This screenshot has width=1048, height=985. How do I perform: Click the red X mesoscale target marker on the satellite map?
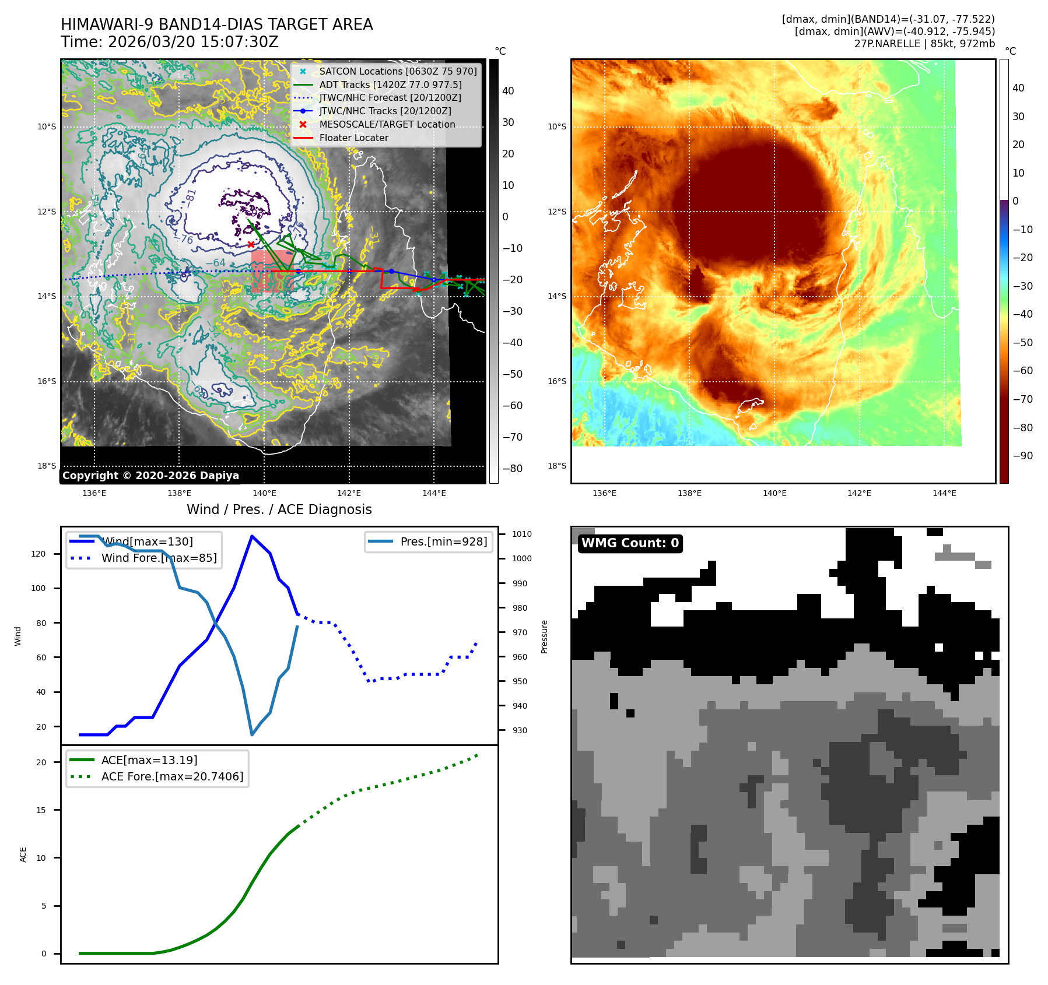(x=251, y=244)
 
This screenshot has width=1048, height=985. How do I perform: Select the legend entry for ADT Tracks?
(x=390, y=85)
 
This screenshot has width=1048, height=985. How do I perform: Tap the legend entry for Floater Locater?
(x=353, y=138)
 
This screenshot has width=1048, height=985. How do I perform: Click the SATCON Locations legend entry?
(x=398, y=71)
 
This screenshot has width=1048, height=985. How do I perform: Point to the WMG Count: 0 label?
(x=630, y=543)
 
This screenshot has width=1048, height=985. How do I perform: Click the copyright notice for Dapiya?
(x=150, y=476)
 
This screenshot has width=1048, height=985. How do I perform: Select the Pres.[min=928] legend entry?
(x=443, y=541)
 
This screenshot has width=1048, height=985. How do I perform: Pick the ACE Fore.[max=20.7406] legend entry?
(x=172, y=776)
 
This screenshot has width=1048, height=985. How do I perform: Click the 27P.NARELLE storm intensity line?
(x=924, y=44)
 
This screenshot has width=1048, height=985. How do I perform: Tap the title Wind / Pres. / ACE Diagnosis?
(x=279, y=509)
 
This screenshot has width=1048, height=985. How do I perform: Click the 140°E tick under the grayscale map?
(x=264, y=493)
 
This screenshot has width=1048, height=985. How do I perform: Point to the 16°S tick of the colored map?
(x=557, y=381)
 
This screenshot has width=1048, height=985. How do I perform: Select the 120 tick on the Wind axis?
(x=38, y=554)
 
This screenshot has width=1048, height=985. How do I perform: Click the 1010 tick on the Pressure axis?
(x=522, y=534)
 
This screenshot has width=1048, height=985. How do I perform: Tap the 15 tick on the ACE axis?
(x=41, y=810)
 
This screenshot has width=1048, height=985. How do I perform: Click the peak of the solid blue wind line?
(x=251, y=536)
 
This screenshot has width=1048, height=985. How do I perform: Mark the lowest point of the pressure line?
(x=252, y=734)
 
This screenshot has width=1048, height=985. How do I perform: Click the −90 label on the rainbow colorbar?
(x=1022, y=456)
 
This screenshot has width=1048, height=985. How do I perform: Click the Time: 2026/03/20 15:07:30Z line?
(x=169, y=43)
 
